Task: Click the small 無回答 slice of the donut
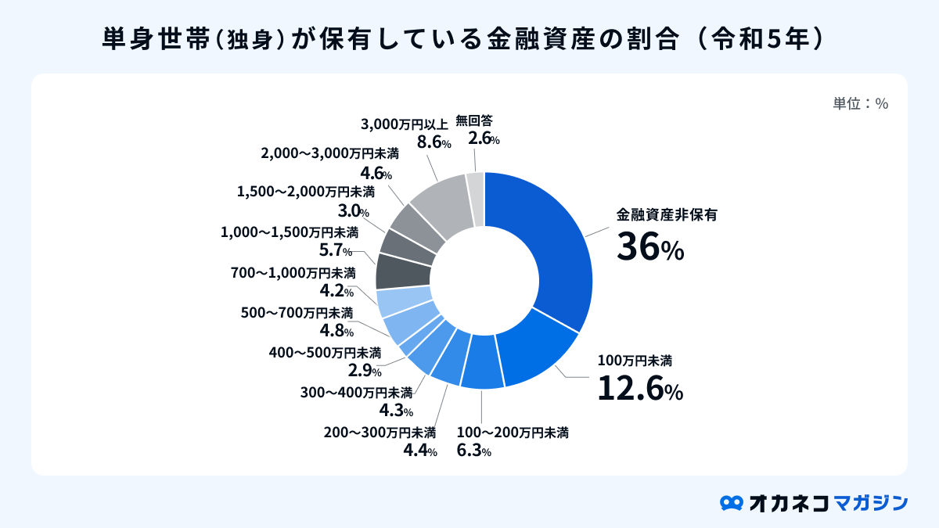475,199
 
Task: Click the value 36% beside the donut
650,249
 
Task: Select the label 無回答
474,121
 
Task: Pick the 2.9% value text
364,371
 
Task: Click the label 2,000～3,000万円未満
329,153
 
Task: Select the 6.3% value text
473,451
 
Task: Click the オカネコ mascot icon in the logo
731,502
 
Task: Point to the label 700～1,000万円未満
293,273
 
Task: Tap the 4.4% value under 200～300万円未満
419,451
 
